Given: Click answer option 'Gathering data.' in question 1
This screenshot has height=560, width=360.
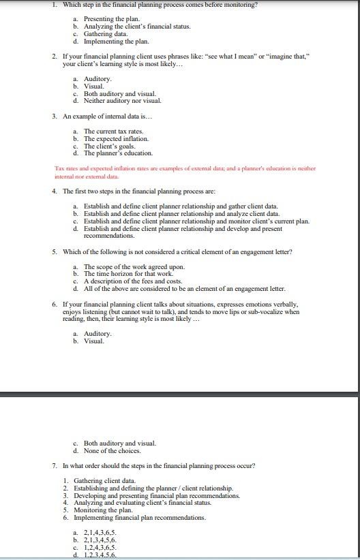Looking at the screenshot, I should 105,34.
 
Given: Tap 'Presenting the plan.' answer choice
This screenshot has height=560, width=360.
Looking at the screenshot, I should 112,19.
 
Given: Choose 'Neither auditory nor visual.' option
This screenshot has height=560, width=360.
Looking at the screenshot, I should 123,101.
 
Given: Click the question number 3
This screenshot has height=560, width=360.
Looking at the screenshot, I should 55,116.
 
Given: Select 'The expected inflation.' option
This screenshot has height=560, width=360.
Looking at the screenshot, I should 116,139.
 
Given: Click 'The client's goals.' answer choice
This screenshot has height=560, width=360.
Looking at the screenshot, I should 109,146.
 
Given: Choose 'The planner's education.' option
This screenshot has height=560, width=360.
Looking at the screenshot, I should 118,153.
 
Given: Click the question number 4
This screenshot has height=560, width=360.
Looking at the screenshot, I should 55,191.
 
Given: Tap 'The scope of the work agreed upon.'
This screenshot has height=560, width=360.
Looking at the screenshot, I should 134,267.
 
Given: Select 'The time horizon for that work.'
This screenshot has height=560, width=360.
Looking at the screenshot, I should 128,274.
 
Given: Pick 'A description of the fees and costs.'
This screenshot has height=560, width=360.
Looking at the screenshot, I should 133,281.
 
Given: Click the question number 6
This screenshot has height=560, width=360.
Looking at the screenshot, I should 55,305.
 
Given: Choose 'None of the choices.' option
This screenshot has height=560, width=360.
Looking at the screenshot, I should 112,451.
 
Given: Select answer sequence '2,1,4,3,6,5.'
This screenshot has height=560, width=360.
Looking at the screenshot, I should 100,532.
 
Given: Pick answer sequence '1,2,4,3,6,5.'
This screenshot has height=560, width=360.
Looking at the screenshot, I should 100,547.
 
